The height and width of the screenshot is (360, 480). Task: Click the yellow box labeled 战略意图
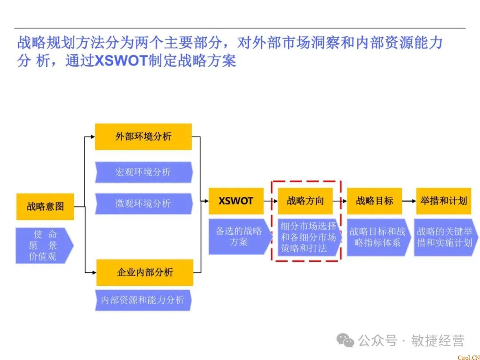point(45,206)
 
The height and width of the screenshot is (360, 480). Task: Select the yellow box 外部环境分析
point(143,136)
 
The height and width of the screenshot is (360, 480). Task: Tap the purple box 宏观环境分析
point(143,172)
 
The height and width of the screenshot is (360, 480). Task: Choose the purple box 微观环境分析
point(143,204)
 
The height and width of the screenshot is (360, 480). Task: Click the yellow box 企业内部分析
point(144,272)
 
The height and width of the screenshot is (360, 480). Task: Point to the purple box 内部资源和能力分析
point(142,300)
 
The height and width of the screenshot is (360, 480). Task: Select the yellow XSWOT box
point(236,201)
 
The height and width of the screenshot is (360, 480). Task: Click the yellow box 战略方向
point(305,201)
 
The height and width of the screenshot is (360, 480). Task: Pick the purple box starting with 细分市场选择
point(308,237)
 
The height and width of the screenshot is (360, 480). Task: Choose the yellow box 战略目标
point(374,201)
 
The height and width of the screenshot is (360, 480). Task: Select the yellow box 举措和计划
point(443,201)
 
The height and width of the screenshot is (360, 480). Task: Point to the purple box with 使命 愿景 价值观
point(43,245)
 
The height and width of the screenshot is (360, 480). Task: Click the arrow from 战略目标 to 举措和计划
point(409,201)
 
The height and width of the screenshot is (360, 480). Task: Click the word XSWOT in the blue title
point(121,60)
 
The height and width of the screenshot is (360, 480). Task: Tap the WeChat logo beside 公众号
point(345,340)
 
